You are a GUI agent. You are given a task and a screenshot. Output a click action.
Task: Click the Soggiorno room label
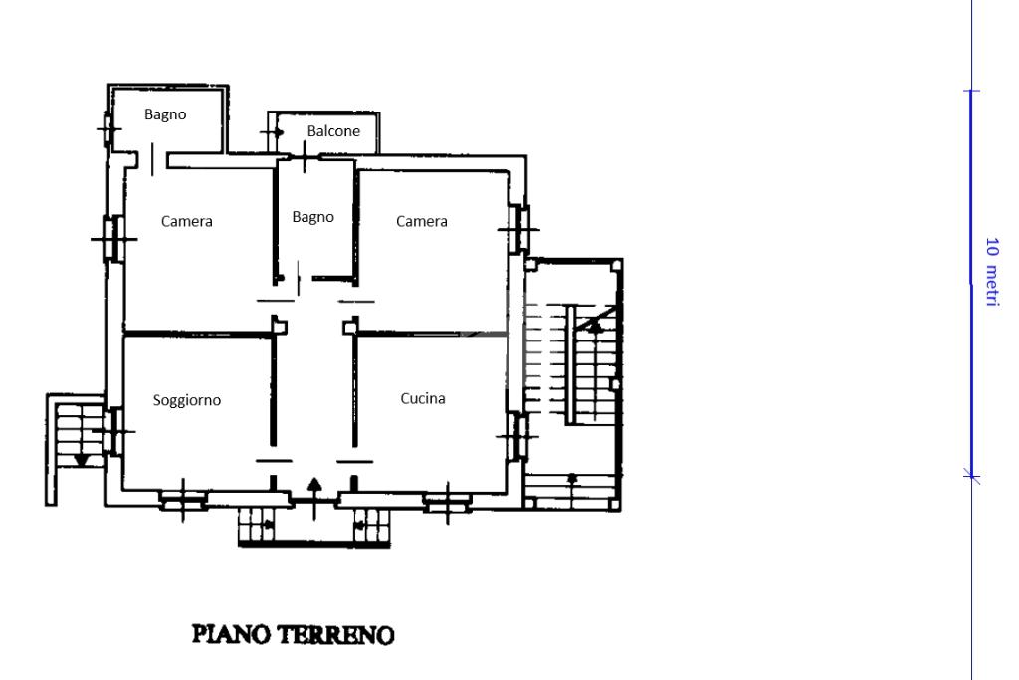[x=187, y=400]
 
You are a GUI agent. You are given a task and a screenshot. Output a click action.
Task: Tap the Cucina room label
[x=423, y=398]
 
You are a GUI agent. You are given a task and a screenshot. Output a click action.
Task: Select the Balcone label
[x=333, y=131]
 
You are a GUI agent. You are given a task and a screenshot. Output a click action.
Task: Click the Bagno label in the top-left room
[x=165, y=115]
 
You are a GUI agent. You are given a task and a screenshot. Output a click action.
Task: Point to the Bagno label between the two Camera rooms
[x=313, y=218]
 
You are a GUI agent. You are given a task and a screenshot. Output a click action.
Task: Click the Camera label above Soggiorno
[x=187, y=222]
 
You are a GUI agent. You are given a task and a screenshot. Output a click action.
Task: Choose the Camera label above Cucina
[x=422, y=222]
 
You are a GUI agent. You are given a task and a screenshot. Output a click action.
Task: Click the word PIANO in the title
[x=231, y=634]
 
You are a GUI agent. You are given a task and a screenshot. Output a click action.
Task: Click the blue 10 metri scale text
[x=992, y=271]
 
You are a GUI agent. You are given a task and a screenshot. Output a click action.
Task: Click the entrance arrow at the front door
[x=314, y=499]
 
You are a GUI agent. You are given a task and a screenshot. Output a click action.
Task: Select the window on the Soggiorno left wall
[x=114, y=431]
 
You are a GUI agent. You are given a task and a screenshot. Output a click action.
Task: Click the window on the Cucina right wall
[x=517, y=436]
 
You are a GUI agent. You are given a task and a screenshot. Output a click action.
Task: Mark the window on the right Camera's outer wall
[x=518, y=229]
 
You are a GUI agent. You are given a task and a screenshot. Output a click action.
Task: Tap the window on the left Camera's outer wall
[x=113, y=239]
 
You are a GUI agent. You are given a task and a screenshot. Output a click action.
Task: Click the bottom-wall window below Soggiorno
[x=183, y=501]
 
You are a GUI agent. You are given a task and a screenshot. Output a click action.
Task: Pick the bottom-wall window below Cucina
[x=447, y=502]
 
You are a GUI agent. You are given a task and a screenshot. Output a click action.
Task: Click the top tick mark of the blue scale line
[x=971, y=91]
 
